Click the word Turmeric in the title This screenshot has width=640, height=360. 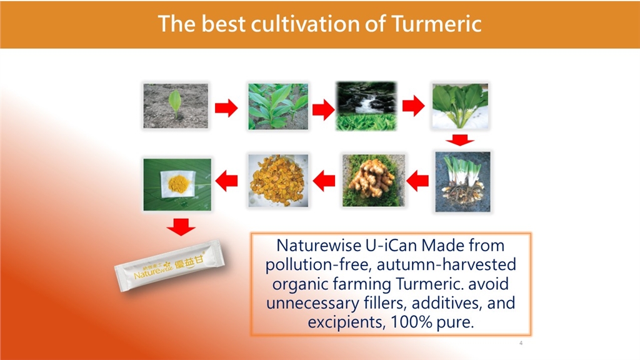(436, 23)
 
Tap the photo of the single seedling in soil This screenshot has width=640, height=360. (176, 106)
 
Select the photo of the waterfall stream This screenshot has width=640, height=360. (366, 106)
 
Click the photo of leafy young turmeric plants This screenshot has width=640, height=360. (278, 106)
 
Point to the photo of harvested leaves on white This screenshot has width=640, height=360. (460, 106)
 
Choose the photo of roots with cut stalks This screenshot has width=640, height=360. (462, 182)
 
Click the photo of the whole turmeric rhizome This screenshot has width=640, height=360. (374, 181)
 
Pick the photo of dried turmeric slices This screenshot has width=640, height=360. (278, 181)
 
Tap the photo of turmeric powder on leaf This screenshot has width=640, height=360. (177, 184)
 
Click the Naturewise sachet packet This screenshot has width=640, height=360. (169, 266)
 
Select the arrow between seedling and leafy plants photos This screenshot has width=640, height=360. (226, 107)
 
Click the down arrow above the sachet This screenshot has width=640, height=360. (181, 227)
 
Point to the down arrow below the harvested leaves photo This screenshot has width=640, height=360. (460, 140)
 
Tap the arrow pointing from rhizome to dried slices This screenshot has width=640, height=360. (324, 181)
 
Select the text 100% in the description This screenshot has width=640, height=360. (411, 322)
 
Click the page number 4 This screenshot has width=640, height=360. (521, 343)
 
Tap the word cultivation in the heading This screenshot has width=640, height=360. (305, 23)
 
